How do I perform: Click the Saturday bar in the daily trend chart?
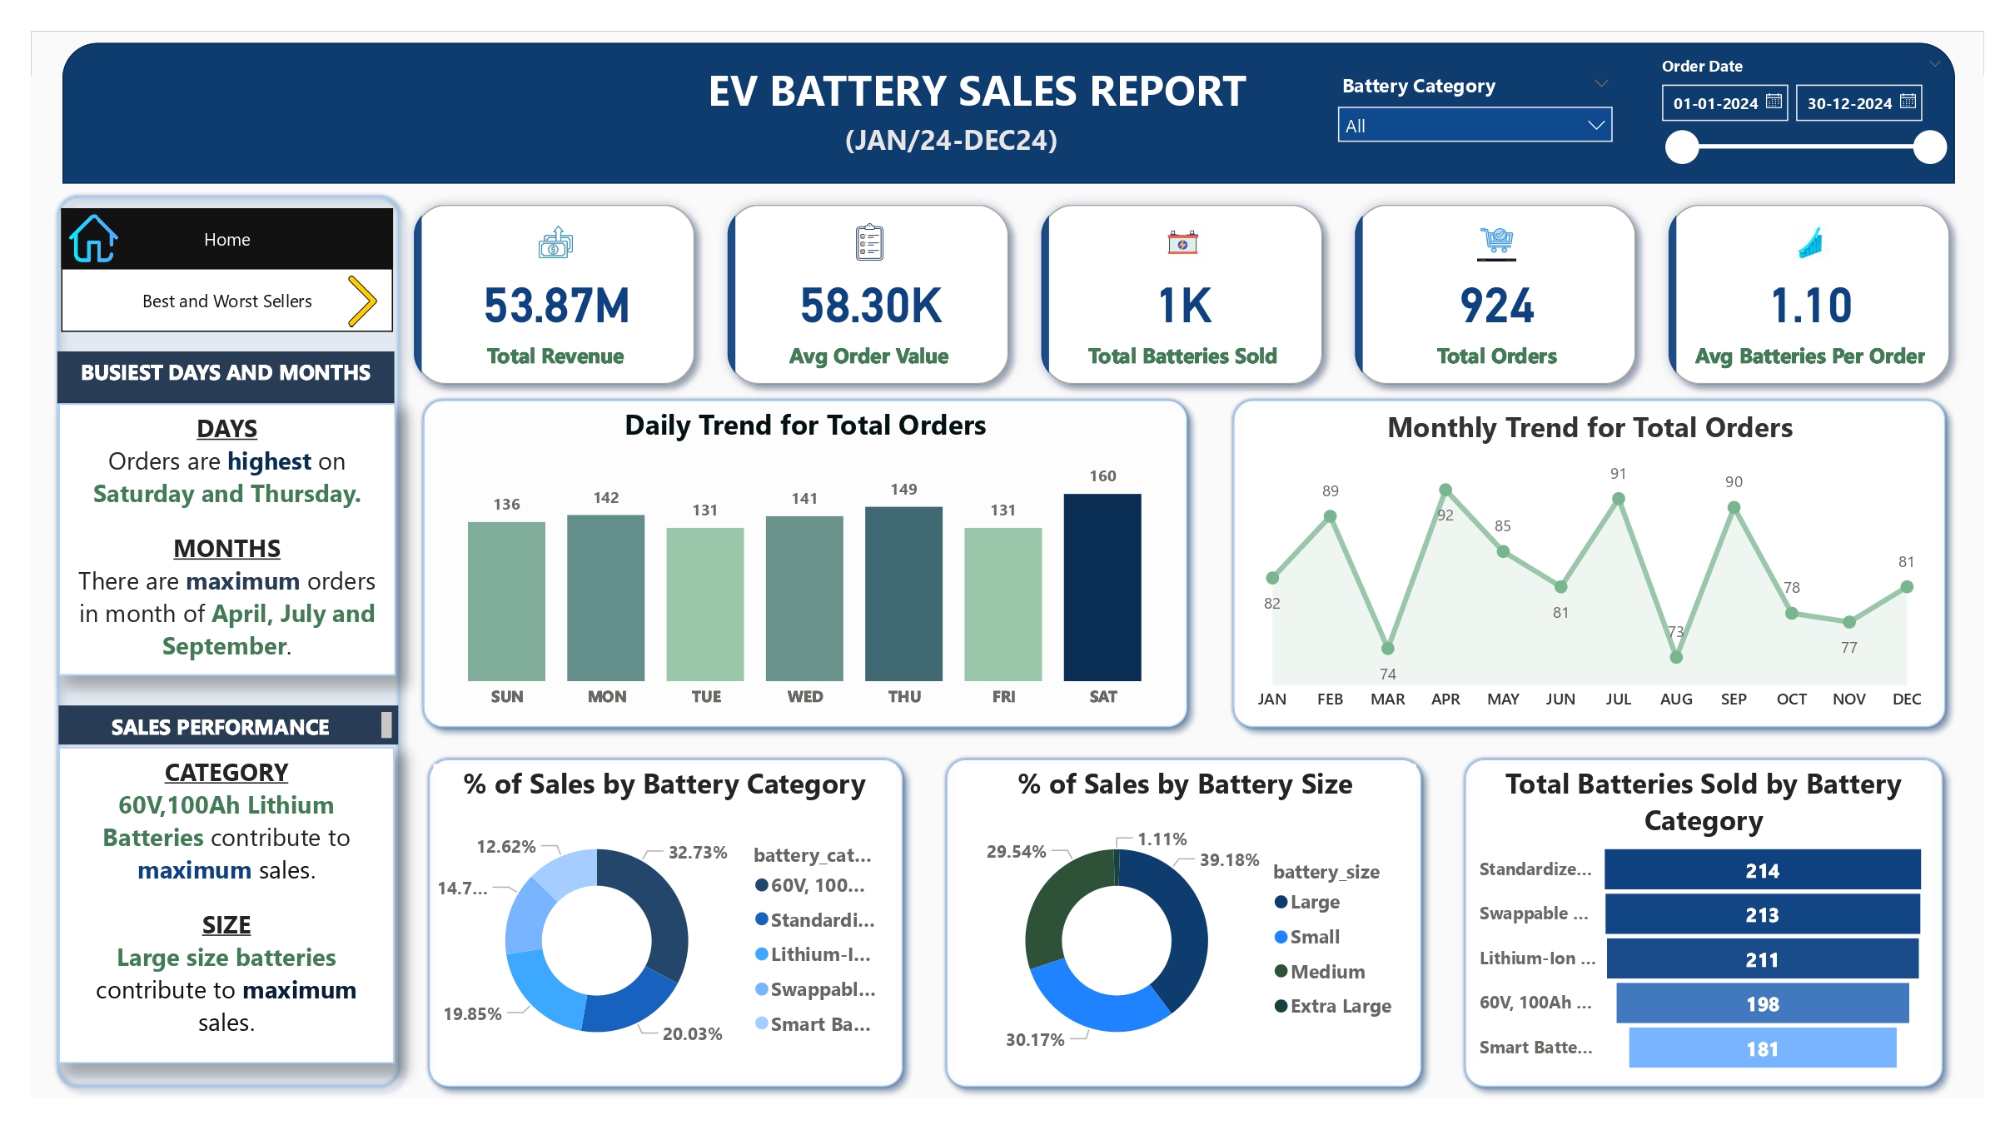click(x=1102, y=587)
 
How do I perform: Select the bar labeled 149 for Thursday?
click(x=903, y=593)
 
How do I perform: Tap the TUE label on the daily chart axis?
click(x=706, y=696)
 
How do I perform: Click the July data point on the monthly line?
click(x=1618, y=499)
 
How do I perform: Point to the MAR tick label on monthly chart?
click(x=1387, y=699)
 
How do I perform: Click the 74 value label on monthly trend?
click(x=1387, y=674)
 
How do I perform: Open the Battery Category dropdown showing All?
click(x=1474, y=126)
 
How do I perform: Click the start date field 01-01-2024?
click(x=1715, y=103)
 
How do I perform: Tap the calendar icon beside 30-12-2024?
click(x=1908, y=102)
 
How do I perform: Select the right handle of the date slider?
click(x=1928, y=147)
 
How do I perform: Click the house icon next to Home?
click(x=93, y=239)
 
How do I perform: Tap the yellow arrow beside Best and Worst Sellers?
click(x=362, y=301)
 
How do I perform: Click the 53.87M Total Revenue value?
click(x=556, y=306)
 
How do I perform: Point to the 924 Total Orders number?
click(x=1496, y=306)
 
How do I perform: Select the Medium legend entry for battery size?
click(x=1326, y=971)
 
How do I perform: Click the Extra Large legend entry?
click(x=1340, y=1006)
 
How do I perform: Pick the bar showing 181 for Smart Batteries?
click(x=1761, y=1048)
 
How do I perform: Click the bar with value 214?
click(x=1761, y=870)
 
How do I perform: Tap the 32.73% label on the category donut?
click(x=697, y=852)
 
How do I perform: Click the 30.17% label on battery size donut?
click(x=1034, y=1039)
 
